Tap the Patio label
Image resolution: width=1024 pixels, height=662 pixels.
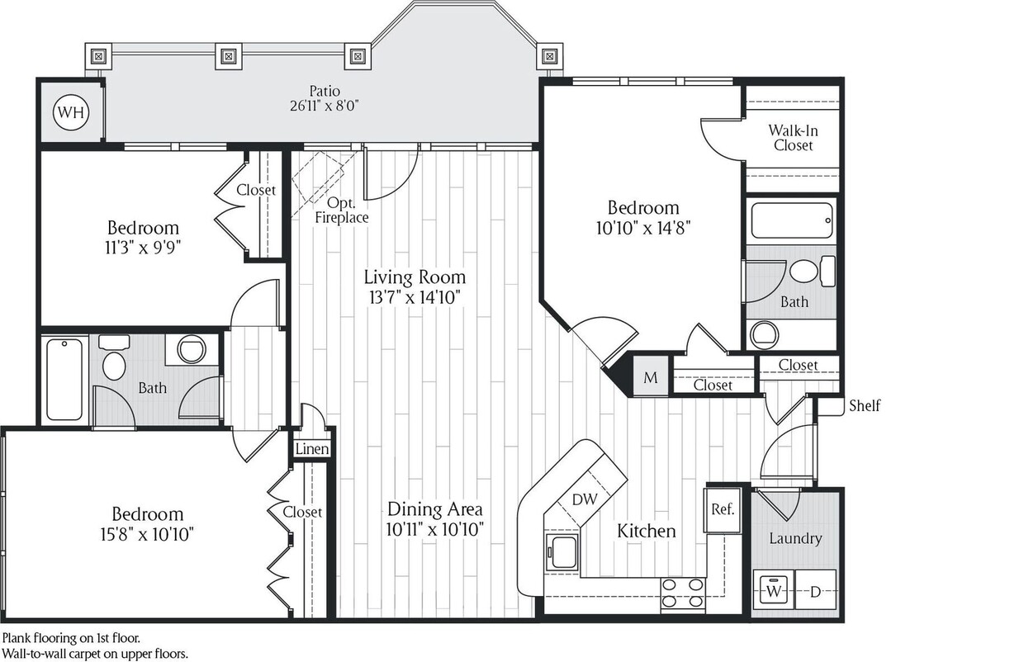tap(325, 90)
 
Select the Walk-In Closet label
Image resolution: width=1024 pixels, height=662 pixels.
tap(793, 137)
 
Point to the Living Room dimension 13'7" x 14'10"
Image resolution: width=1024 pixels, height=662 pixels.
tap(414, 297)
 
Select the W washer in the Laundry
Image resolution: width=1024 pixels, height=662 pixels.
tap(774, 592)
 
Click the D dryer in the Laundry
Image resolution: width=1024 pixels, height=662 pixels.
tap(815, 592)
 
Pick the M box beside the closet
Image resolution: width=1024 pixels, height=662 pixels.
tap(651, 378)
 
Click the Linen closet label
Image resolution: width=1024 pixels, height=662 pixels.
tap(312, 449)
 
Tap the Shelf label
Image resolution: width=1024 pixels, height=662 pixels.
tap(864, 405)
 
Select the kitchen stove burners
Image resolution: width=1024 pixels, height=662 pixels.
tap(683, 592)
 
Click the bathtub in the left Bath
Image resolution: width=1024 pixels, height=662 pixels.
tap(64, 379)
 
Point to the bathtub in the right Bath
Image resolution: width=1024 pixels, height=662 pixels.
tap(792, 220)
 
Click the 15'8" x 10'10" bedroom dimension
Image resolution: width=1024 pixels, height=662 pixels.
tap(147, 534)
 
